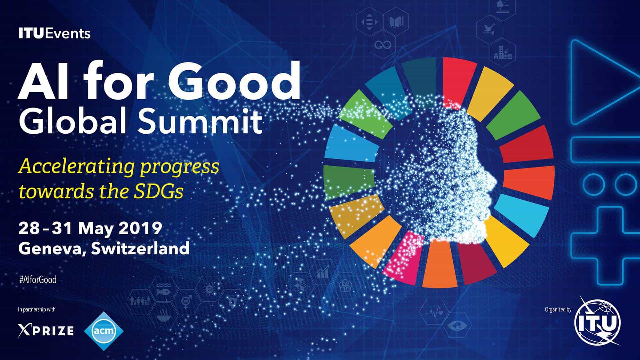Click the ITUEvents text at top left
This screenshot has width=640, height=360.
point(55,34)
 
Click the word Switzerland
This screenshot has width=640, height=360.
point(140,248)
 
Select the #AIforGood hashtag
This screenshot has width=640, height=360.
point(38,280)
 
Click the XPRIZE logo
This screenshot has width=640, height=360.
point(46,330)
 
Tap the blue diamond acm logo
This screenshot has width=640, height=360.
point(104,331)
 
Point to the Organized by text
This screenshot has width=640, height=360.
point(558,310)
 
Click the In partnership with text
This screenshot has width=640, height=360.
point(37,310)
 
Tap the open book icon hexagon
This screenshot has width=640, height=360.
point(395,22)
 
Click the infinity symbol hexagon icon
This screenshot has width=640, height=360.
point(383,45)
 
